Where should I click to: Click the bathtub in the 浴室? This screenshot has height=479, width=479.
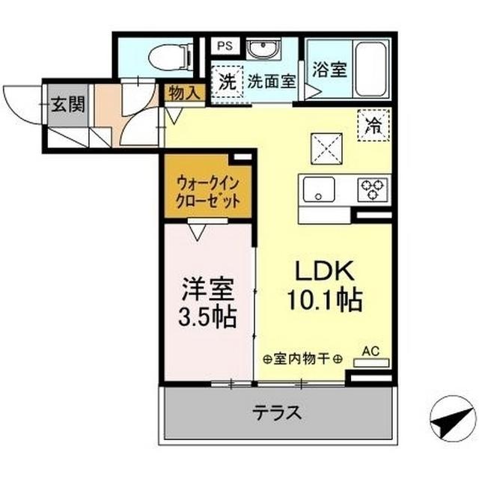(x=370, y=68)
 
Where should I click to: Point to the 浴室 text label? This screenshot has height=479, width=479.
(x=329, y=70)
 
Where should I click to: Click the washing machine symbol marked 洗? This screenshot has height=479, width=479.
(x=226, y=82)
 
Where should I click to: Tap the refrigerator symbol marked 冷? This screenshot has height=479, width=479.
(x=372, y=124)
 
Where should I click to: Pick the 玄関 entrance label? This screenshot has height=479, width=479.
(x=67, y=104)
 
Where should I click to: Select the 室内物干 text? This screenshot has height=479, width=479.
(x=303, y=358)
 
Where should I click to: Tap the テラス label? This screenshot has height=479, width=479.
(x=277, y=412)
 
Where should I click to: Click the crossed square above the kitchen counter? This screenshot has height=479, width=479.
(x=325, y=147)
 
